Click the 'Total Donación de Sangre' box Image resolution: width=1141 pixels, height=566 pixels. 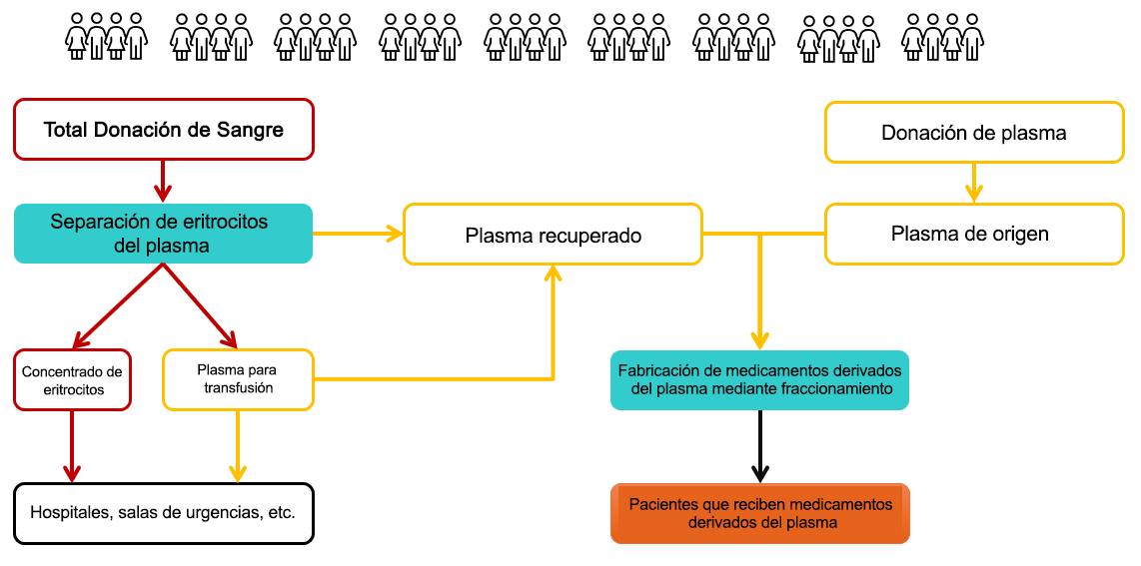click(x=164, y=129)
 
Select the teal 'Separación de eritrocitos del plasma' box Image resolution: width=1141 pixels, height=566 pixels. click(x=163, y=234)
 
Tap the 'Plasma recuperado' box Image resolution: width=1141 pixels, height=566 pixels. click(x=553, y=235)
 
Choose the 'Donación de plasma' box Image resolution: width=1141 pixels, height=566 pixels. click(x=973, y=132)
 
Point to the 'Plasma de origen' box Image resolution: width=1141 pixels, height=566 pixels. click(x=973, y=235)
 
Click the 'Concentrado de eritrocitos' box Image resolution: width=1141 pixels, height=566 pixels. click(x=72, y=379)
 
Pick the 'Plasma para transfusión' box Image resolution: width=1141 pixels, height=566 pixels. click(x=238, y=379)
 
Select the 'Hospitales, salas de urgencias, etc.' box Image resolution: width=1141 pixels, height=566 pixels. click(x=164, y=513)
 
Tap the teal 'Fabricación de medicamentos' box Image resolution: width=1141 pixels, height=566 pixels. click(x=759, y=379)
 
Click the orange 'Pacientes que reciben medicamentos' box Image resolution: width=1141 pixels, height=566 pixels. click(x=759, y=513)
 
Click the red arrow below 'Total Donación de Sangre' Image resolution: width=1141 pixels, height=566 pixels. click(x=162, y=181)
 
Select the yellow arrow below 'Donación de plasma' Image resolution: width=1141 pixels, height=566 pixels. click(x=973, y=183)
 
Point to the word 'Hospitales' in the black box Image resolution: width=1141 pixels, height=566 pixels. click(x=69, y=513)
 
